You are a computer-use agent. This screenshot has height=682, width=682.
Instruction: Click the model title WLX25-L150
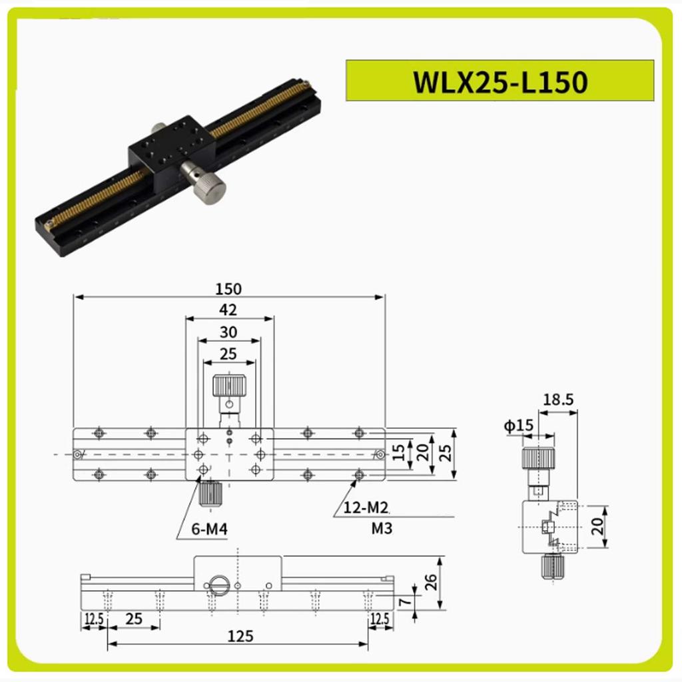pos(500,82)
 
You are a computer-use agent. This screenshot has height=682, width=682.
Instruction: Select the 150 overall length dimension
pos(228,288)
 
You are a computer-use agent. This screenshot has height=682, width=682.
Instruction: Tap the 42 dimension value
pos(228,309)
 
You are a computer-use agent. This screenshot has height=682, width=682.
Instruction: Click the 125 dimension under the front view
pos(239,636)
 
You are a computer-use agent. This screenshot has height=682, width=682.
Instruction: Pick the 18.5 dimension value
pos(558,400)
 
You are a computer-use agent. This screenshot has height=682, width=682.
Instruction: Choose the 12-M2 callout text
pos(366,509)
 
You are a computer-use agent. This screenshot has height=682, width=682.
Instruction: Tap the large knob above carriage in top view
pos(228,386)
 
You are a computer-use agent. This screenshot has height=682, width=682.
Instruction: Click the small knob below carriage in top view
pos(210,493)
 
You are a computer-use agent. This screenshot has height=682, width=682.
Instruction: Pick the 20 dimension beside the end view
pos(597,527)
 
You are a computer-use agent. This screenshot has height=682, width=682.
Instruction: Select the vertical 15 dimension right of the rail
pos(398,454)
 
